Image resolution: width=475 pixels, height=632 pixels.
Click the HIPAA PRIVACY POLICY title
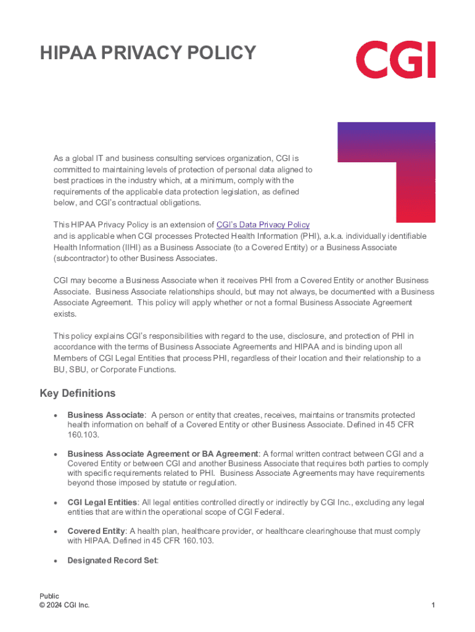click(148, 54)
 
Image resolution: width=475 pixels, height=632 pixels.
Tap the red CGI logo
click(395, 59)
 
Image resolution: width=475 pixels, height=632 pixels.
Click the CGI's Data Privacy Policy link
click(263, 225)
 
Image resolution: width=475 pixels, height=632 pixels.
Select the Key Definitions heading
click(78, 393)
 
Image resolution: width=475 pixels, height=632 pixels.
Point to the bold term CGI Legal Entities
click(102, 502)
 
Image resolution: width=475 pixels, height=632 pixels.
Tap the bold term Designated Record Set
click(112, 560)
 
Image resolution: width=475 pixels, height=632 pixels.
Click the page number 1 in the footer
click(434, 605)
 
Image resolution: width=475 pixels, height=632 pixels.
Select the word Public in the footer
click(49, 596)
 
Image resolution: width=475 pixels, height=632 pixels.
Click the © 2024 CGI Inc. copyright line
click(64, 605)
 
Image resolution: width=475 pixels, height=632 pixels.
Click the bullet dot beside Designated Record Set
click(56, 561)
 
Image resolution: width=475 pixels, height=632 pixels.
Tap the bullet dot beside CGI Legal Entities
click(56, 503)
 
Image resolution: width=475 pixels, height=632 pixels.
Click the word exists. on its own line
click(65, 314)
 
